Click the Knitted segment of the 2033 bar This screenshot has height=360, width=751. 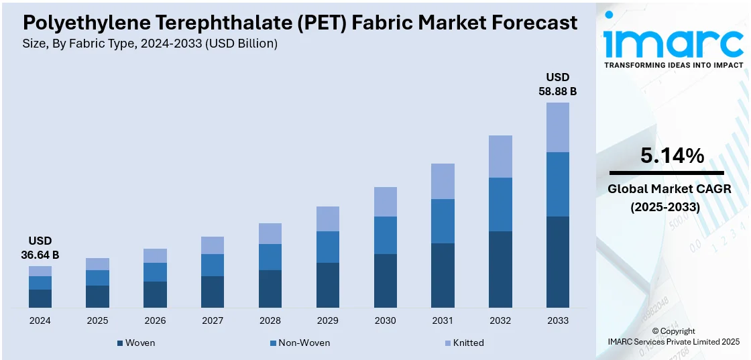(557, 127)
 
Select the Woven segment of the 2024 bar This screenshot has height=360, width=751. (40, 298)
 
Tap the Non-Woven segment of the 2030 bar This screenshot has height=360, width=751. (385, 235)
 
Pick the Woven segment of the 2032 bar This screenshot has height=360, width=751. (500, 269)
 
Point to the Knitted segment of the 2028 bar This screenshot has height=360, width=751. (270, 233)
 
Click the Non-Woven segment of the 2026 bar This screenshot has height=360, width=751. (155, 272)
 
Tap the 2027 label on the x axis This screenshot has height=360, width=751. (213, 320)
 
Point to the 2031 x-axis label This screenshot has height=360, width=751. (443, 320)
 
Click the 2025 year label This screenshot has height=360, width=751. (97, 320)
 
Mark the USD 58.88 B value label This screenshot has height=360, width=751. (557, 84)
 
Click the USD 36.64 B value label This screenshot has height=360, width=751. (40, 247)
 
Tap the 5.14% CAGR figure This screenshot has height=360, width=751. (672, 156)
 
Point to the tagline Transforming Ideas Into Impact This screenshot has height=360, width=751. (673, 65)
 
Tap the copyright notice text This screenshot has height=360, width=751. (673, 337)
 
